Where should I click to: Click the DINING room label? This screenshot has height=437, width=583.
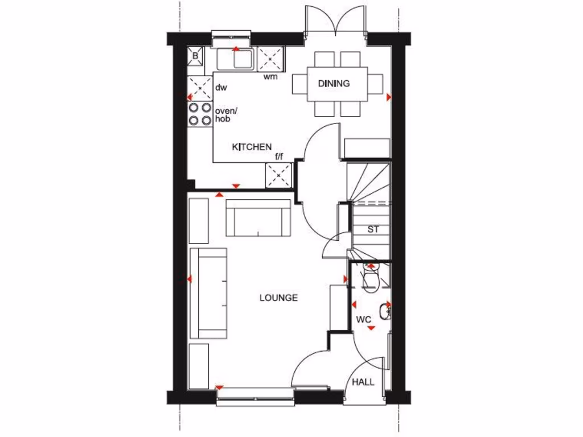coord(334,84)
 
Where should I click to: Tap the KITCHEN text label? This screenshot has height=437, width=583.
coord(251,147)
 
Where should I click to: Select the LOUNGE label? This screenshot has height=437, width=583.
coord(278,298)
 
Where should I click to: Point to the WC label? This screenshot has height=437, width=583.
coord(364,320)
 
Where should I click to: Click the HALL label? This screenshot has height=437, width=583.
coord(363,382)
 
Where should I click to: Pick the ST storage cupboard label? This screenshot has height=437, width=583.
coord(373,230)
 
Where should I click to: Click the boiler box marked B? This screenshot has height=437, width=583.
coord(195,56)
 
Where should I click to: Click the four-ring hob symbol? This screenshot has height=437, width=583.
coord(200,114)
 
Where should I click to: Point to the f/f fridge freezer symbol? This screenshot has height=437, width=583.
coord(279,175)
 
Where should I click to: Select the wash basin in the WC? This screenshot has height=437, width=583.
coord(387,311)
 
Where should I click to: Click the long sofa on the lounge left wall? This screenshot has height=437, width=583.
coord(208,294)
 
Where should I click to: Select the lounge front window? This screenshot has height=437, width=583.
coord(254,395)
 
